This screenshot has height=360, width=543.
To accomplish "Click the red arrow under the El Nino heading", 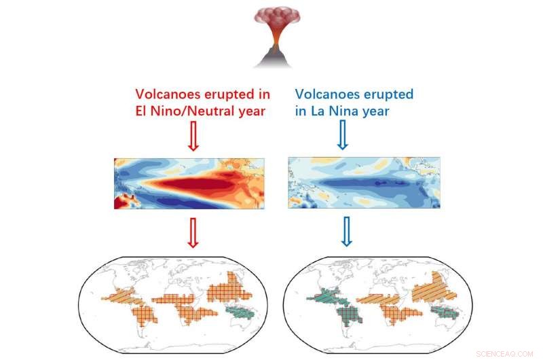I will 193,138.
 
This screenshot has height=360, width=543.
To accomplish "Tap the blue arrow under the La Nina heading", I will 343,138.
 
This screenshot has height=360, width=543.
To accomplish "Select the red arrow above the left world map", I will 193,232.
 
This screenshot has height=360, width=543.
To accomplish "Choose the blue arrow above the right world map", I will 347,232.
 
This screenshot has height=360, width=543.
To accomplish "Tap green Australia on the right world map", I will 447,312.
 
